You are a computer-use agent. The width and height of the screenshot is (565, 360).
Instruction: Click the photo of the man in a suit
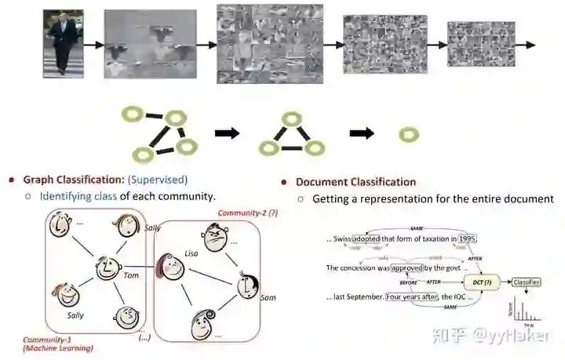(x=64, y=44)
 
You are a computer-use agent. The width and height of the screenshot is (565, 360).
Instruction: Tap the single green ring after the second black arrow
(x=409, y=135)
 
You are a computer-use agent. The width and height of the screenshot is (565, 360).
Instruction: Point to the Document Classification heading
(x=355, y=182)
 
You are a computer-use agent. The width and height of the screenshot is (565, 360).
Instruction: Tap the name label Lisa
(x=190, y=254)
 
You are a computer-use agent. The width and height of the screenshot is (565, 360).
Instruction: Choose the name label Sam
(x=268, y=298)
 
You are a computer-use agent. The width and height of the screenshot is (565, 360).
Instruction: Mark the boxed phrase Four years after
(x=411, y=296)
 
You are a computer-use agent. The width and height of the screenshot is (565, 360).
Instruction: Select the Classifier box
(x=527, y=282)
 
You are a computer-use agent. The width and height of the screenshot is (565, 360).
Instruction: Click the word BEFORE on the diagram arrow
(x=408, y=282)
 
